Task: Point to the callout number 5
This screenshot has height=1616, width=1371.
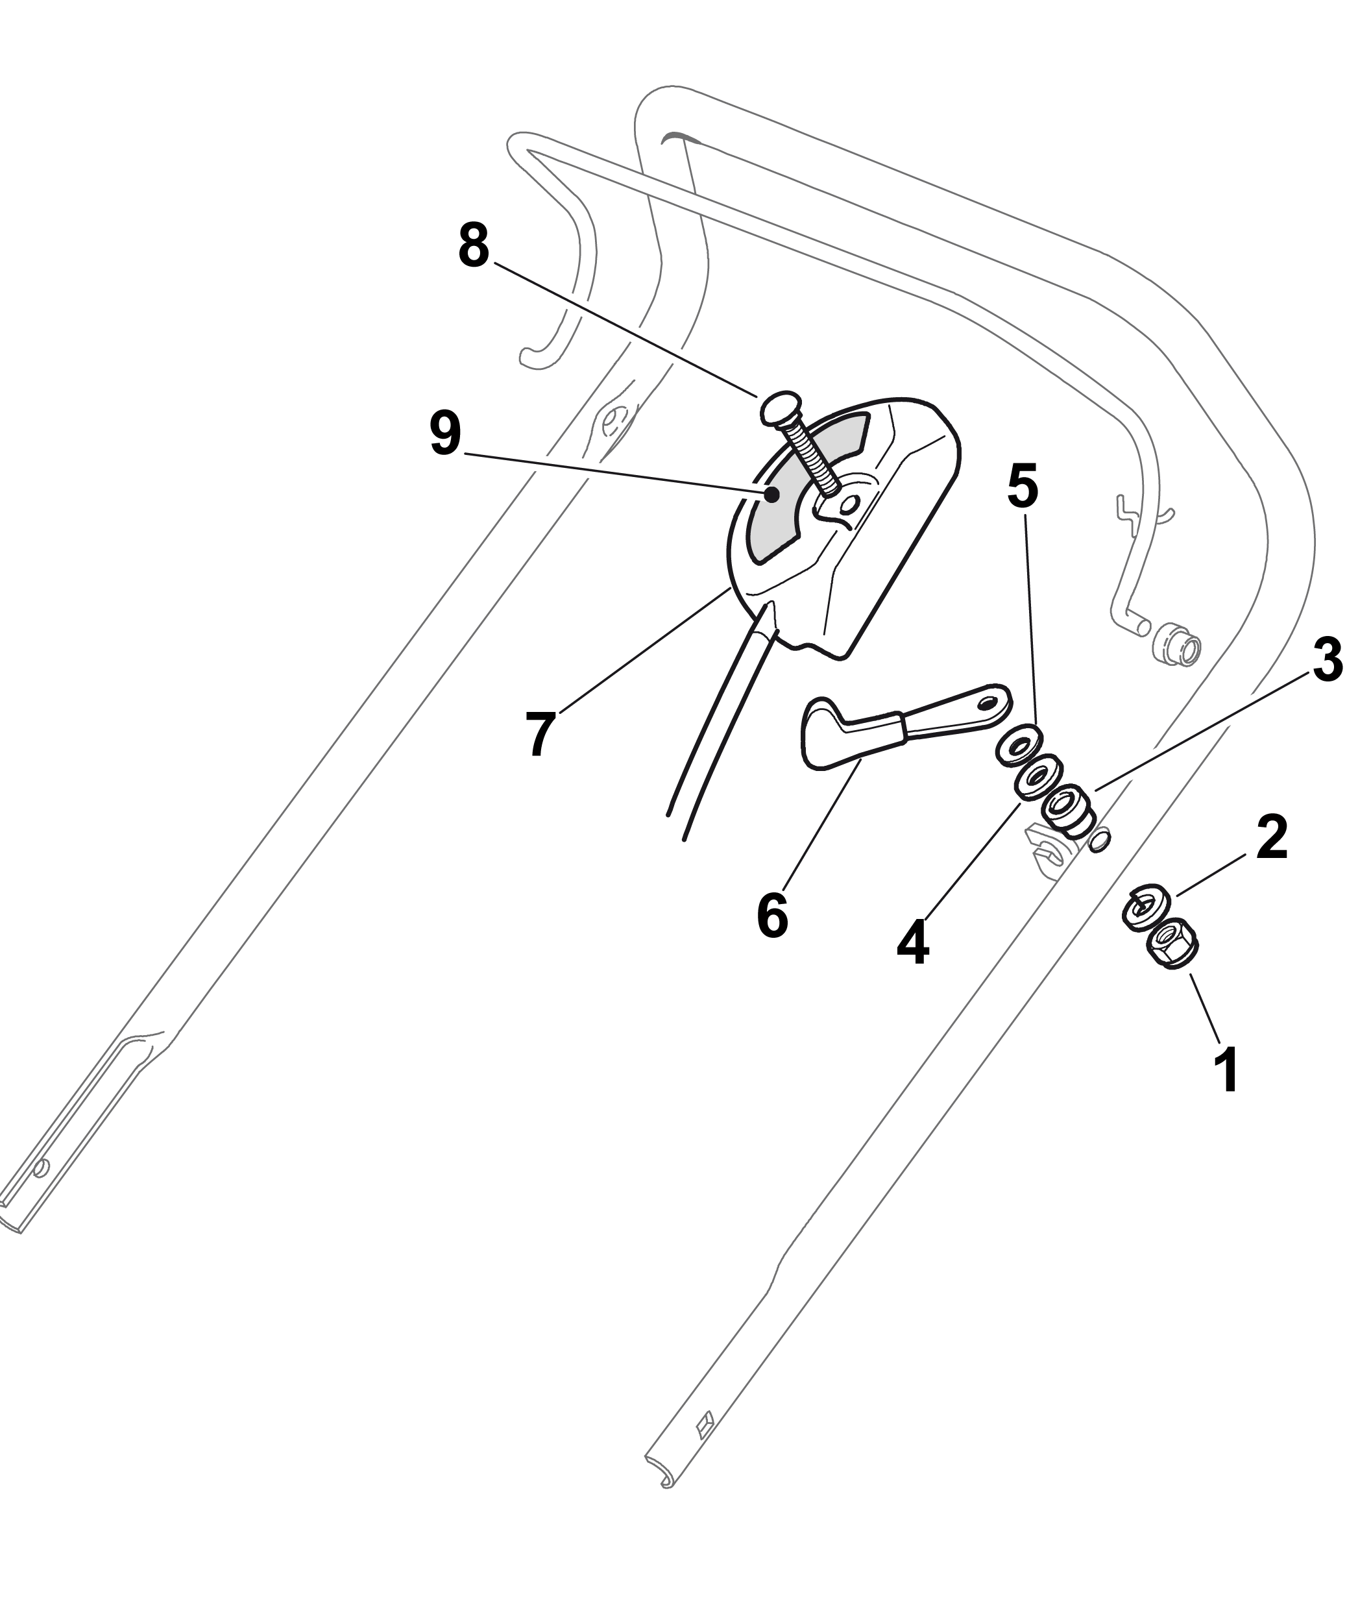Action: [x=1022, y=487]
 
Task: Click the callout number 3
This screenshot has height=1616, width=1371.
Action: [x=1327, y=660]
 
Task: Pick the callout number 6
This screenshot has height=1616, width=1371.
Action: [x=773, y=915]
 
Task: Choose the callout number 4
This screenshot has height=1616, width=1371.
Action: [x=912, y=943]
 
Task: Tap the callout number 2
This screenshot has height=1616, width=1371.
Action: [x=1272, y=837]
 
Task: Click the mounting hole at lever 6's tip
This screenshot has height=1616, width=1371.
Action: [x=988, y=702]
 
